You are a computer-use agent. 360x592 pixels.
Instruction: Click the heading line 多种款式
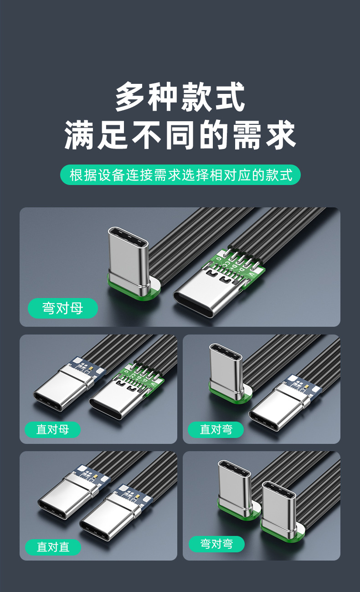coord(180,97)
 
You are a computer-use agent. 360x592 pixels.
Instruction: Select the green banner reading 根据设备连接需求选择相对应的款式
coord(180,175)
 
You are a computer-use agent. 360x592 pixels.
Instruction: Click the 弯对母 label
coord(63,308)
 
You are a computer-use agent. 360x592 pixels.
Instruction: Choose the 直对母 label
coord(52,429)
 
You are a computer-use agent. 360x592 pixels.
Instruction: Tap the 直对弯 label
coord(216,429)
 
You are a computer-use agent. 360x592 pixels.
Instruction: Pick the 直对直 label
coord(53,547)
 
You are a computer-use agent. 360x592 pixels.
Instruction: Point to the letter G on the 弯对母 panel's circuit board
coord(218,258)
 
